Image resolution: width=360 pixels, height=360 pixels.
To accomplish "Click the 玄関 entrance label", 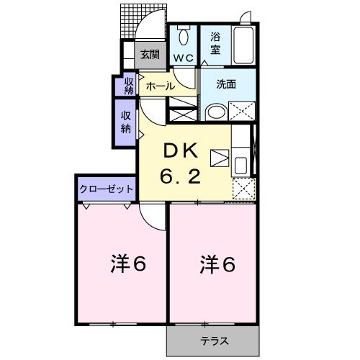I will pyautogui.click(x=150, y=53).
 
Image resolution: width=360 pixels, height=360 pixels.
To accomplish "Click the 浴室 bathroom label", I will pyautogui.click(x=215, y=42).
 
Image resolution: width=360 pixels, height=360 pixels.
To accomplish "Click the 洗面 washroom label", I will pyautogui.click(x=226, y=84).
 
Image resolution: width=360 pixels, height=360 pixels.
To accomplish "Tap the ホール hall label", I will pyautogui.click(x=159, y=86).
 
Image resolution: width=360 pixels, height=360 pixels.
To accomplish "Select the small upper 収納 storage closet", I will pyautogui.click(x=129, y=85).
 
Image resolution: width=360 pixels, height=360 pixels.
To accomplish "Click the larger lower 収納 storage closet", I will pyautogui.click(x=126, y=123).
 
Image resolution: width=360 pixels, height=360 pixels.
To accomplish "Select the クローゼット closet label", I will pyautogui.click(x=106, y=189).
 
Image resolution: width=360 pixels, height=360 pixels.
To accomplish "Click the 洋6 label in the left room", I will pyautogui.click(x=129, y=264).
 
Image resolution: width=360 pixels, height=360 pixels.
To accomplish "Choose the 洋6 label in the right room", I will pyautogui.click(x=217, y=264).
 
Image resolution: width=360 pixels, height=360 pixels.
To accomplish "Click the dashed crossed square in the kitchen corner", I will pyautogui.click(x=243, y=187).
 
